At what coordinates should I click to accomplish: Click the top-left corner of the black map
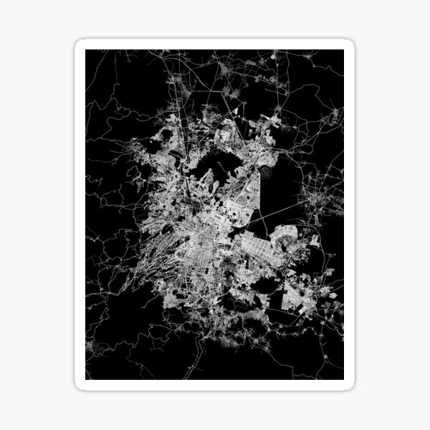pyautogui.click(x=86, y=50)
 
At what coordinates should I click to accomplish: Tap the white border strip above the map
pyautogui.click(x=215, y=44)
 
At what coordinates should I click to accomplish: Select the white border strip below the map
pyautogui.click(x=215, y=385)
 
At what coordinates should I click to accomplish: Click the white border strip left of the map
pyautogui.click(x=80, y=215)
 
